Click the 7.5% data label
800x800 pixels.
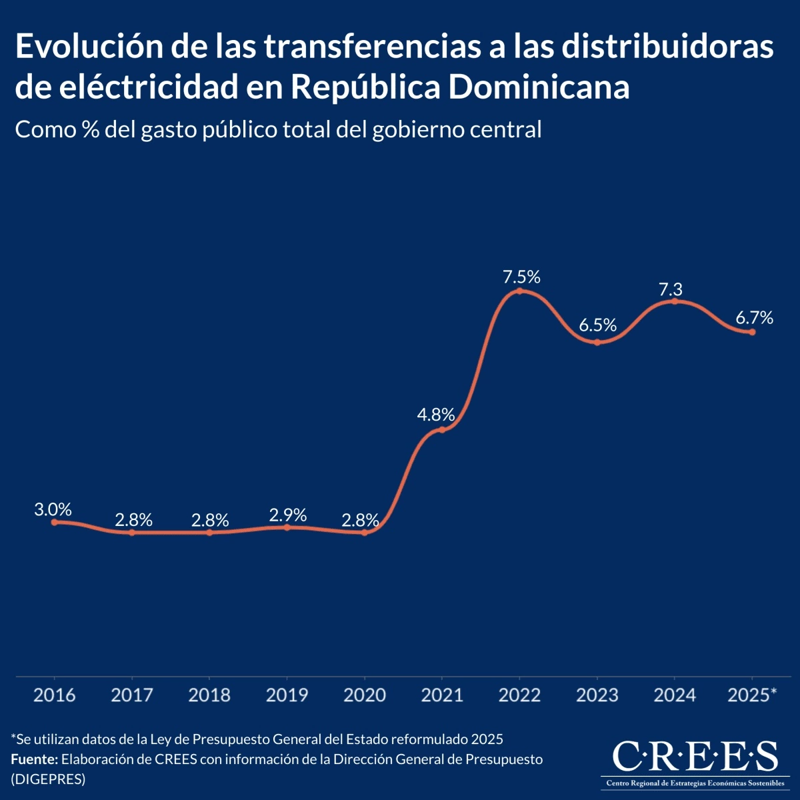point(521,277)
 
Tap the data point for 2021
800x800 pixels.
point(441,430)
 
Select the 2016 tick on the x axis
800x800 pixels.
point(55,695)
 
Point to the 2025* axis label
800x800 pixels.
point(752,695)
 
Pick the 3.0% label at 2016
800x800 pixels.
point(53,510)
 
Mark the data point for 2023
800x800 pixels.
point(597,342)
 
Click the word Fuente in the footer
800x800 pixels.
point(34,759)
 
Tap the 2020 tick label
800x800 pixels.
point(365,695)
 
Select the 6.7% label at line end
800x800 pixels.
point(754,318)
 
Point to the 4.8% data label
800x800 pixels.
point(436,415)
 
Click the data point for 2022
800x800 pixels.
point(520,291)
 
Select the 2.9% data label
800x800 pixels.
point(288,515)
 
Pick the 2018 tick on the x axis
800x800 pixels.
point(209,695)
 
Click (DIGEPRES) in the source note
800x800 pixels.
point(48,779)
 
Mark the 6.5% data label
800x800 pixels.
point(597,326)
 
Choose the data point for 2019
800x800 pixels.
point(287,527)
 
